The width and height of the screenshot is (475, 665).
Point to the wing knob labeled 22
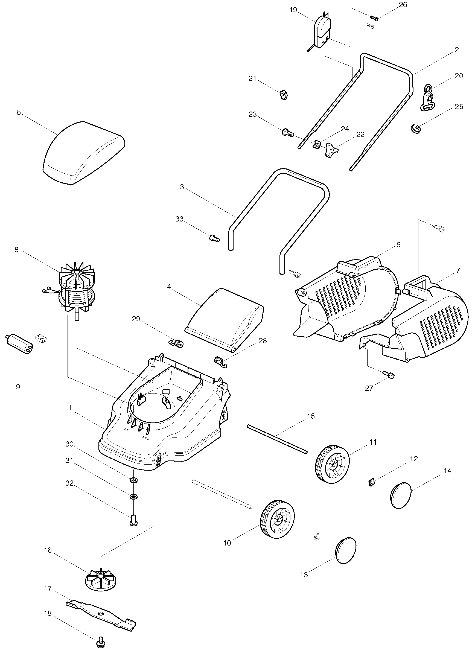point(331,150)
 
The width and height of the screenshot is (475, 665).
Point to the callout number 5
point(19,113)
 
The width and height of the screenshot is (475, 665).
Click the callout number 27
point(369,388)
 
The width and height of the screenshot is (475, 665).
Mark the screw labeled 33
point(214,238)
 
